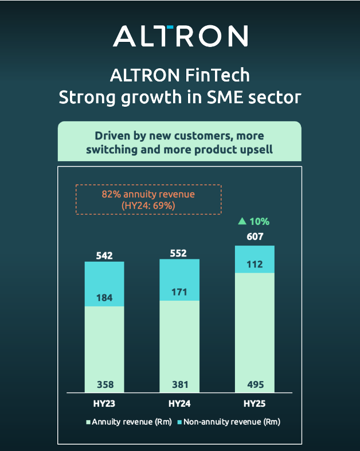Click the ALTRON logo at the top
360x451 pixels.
pyautogui.click(x=180, y=36)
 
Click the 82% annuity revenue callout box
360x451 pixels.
pyautogui.click(x=148, y=200)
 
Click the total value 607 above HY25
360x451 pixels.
pyautogui.click(x=255, y=236)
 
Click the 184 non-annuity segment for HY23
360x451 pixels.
pyautogui.click(x=105, y=298)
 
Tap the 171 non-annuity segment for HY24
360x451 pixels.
pyautogui.click(x=179, y=291)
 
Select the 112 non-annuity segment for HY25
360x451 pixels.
pyautogui.click(x=255, y=265)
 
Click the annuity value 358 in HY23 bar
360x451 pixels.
pyautogui.click(x=105, y=384)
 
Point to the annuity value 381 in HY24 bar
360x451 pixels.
pyautogui.click(x=179, y=384)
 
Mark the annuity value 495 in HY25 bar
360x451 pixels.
pyautogui.click(x=255, y=384)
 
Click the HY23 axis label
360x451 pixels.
pyautogui.click(x=105, y=403)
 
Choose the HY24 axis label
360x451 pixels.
pyautogui.click(x=179, y=403)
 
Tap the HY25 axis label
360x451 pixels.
pyautogui.click(x=255, y=403)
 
